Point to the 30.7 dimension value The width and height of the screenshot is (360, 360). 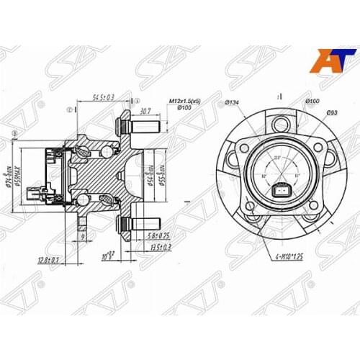pyautogui.click(x=145, y=111)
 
